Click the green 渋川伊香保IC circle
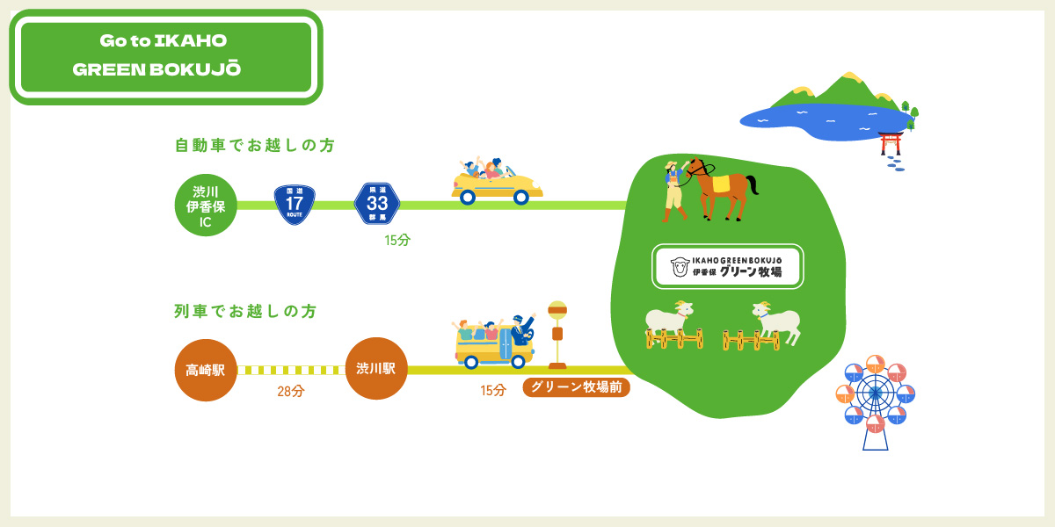click(206, 206)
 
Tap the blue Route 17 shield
click(295, 205)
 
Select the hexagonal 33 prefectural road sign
click(377, 203)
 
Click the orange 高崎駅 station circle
click(206, 370)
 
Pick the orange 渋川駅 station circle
click(376, 368)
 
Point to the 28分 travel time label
click(291, 391)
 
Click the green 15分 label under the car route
click(397, 241)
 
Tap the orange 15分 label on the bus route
click(492, 390)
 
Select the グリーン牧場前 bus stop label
click(576, 387)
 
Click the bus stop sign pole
click(557, 335)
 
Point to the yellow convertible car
click(497, 182)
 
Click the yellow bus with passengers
click(493, 341)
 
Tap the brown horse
click(722, 189)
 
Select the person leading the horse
click(674, 191)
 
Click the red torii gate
click(890, 143)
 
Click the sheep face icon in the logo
click(680, 267)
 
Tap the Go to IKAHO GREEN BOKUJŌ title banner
click(166, 56)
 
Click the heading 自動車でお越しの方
click(255, 146)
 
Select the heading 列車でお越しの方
click(245, 311)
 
